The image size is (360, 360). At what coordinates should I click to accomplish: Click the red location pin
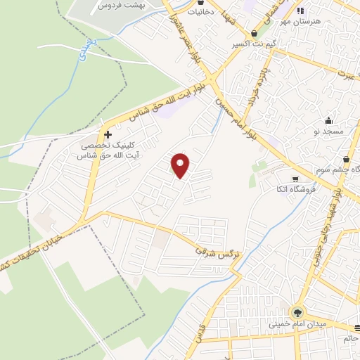tap(181, 165)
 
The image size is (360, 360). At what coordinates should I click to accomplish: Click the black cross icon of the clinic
tap(108, 134)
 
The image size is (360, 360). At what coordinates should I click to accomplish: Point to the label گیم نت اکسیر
tap(254, 44)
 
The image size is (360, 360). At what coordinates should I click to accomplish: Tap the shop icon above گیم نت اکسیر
tap(254, 33)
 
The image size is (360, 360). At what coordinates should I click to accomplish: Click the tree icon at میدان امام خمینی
tap(298, 313)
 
